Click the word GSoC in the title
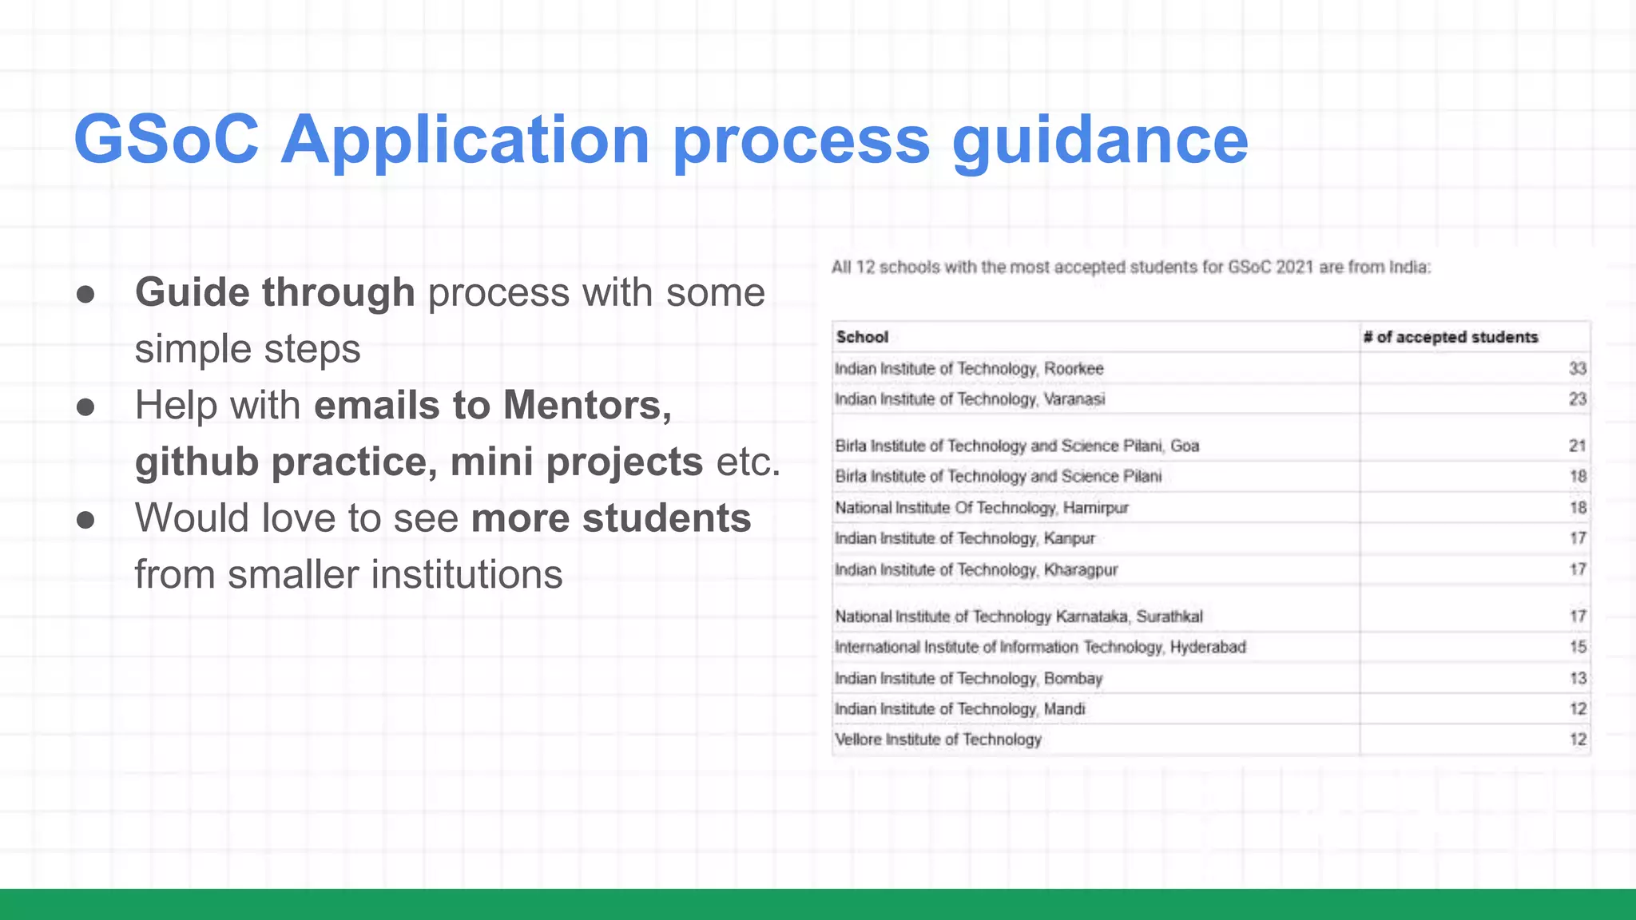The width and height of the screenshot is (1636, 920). click(166, 140)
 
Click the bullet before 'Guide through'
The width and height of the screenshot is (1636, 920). click(85, 294)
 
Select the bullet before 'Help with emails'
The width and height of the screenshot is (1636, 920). click(85, 407)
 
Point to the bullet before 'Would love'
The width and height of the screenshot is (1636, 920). click(85, 520)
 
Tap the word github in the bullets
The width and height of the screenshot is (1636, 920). click(196, 462)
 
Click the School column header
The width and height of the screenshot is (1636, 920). click(862, 337)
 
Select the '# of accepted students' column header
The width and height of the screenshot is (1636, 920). click(1450, 337)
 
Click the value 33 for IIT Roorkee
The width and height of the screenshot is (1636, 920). click(1577, 368)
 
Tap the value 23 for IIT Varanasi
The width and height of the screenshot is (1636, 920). click(1577, 399)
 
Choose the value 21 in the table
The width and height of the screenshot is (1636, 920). click(1577, 446)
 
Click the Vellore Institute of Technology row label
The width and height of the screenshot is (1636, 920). click(938, 740)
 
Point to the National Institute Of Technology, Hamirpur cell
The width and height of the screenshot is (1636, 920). click(981, 508)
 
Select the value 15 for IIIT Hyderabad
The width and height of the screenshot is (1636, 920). click(1578, 647)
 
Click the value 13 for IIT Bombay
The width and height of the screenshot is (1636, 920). click(1578, 678)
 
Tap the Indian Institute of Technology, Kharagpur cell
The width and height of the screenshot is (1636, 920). click(975, 569)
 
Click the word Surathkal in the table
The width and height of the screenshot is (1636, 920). click(1169, 617)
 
